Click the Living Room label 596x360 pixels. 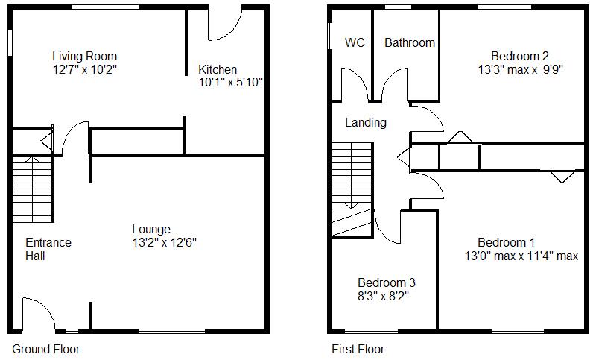[x=84, y=56]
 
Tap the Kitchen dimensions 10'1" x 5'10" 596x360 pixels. [x=231, y=82]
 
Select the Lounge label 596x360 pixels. [x=151, y=230]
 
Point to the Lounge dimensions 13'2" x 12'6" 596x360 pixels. [x=165, y=242]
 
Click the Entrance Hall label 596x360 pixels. [x=48, y=250]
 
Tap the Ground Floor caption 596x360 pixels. [x=46, y=349]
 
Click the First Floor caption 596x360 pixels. [x=358, y=349]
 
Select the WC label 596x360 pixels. [x=355, y=42]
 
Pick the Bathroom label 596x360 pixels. [x=410, y=42]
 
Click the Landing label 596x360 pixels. [x=366, y=122]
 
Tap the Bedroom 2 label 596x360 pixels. [x=520, y=56]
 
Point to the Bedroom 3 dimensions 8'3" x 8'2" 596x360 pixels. [x=383, y=296]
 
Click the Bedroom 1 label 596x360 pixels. [x=507, y=242]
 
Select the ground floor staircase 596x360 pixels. [x=32, y=189]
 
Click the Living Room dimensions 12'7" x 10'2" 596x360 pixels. [x=84, y=69]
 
